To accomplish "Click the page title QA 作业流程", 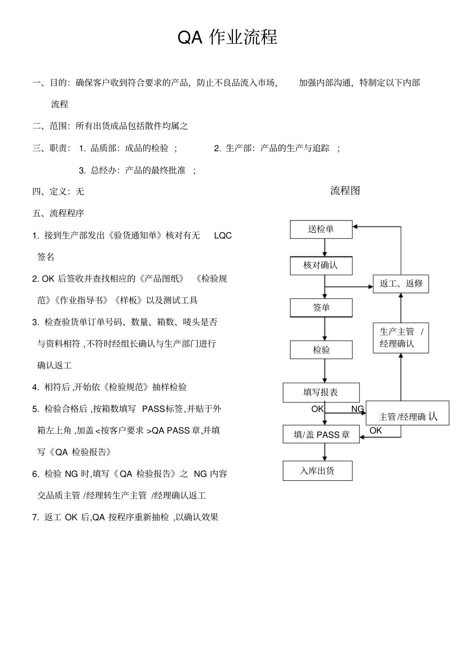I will tap(227, 37).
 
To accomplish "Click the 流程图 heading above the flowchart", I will tap(345, 191).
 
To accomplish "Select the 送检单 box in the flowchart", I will tap(321, 229).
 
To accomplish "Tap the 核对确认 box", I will tap(321, 266).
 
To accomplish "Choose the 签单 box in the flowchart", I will tap(321, 308).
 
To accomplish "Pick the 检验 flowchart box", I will tap(321, 350).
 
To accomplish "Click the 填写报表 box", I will tap(321, 392).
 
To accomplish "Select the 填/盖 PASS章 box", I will tap(321, 434).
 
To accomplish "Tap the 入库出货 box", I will tap(317, 471).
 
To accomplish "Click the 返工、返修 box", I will tap(400, 284).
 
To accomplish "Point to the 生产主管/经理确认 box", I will tap(400, 338).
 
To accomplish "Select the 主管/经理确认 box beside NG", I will tap(407, 416).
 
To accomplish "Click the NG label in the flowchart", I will tap(357, 409).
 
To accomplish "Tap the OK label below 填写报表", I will tap(317, 409).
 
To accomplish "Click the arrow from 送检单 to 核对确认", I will tap(324, 248).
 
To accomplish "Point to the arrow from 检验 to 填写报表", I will tap(324, 371).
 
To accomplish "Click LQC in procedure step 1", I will tap(223, 236).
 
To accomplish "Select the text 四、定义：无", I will tap(58, 191).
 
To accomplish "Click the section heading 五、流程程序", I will tap(58, 213).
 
